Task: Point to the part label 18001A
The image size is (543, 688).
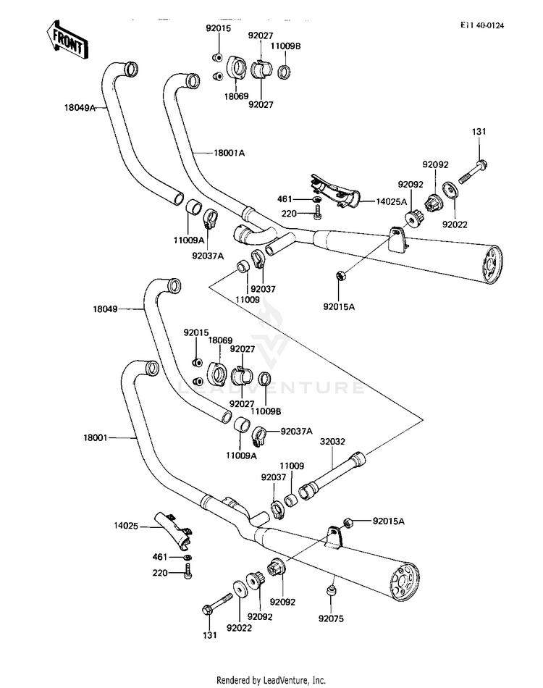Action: tap(229, 153)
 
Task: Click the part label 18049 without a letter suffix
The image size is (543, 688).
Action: tap(104, 309)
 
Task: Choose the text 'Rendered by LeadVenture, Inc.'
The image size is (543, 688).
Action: tap(271, 680)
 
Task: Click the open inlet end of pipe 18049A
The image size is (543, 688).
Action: tap(130, 68)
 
